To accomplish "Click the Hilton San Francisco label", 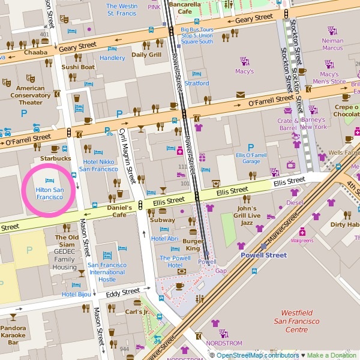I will click(x=49, y=193).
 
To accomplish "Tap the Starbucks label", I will click(x=55, y=158).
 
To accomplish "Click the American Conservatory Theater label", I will click(x=30, y=95).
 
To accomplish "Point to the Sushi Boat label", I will click(x=78, y=67).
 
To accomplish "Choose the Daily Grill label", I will click(x=146, y=55).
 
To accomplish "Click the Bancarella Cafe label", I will click(x=184, y=8).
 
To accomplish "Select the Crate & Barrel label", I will click(x=288, y=124).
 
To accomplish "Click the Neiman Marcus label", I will click(x=332, y=44).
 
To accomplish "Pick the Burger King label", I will click(x=192, y=244).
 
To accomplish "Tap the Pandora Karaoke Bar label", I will click(x=13, y=335).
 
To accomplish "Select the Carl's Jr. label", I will click(x=137, y=312).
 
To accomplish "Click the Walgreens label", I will click(x=302, y=241).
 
